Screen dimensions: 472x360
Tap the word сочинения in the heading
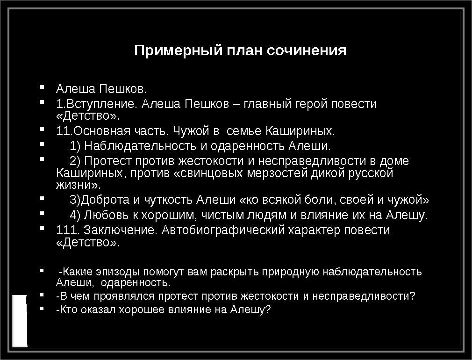coord(307,50)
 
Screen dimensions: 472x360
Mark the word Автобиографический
coord(223,230)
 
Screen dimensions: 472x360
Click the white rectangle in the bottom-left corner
coord(20,321)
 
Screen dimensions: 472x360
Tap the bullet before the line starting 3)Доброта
coord(42,198)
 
